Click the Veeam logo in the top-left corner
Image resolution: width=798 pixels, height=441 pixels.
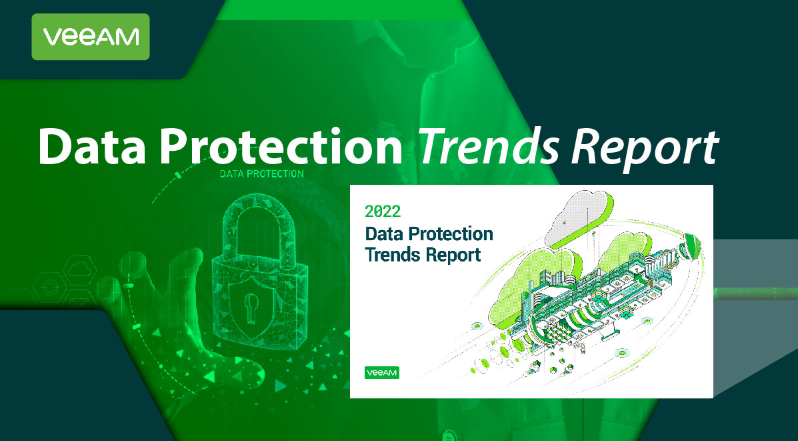point(91,37)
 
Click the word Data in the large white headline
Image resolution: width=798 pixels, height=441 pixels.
point(92,146)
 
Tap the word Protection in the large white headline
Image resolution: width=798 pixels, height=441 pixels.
point(281,146)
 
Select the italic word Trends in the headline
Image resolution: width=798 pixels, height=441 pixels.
point(489,146)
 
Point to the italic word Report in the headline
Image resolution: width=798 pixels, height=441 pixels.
point(644,149)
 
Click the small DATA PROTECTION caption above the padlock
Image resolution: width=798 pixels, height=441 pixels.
point(261,173)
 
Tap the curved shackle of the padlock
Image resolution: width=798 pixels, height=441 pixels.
point(259,224)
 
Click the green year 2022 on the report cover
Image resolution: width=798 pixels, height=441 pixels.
point(383,211)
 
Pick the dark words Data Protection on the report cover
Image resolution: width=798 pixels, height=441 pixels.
point(429,234)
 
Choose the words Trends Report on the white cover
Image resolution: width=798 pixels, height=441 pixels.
point(423,254)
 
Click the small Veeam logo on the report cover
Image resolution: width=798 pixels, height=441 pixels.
point(382,373)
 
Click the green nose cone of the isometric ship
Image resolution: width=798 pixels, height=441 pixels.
point(692,246)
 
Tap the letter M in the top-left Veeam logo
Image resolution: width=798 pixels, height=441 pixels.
point(128,37)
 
